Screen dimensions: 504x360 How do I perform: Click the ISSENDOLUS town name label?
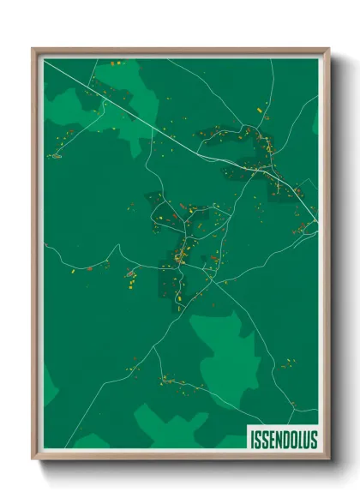pyautogui.click(x=284, y=440)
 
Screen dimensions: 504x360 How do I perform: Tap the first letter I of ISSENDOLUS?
pyautogui.click(x=253, y=440)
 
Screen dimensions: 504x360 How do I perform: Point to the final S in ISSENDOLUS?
pyautogui.click(x=313, y=440)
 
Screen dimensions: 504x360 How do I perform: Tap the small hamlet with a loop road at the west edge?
pyautogui.click(x=57, y=156)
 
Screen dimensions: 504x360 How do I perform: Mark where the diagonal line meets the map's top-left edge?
pyautogui.click(x=45, y=61)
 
